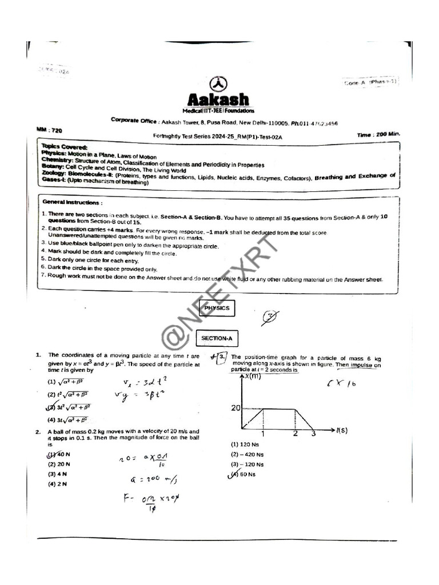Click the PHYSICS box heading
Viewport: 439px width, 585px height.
(216, 308)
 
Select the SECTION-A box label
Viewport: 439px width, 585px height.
(217, 339)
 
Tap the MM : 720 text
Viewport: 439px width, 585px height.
(52, 130)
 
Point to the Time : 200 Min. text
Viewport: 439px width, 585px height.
(378, 135)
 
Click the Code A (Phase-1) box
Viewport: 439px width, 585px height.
(370, 82)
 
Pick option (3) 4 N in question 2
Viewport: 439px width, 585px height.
(57, 474)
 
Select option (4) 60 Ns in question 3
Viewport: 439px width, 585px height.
(244, 474)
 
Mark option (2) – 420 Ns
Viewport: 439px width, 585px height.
(248, 455)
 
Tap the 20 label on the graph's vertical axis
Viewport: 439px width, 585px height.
(236, 408)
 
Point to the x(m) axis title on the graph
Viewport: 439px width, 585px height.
(253, 376)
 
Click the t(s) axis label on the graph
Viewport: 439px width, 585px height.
(342, 430)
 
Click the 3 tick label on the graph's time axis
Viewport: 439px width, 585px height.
(313, 434)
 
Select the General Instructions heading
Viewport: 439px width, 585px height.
(73, 202)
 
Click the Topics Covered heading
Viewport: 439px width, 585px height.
(64, 147)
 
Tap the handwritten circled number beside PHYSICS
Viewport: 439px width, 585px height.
(270, 317)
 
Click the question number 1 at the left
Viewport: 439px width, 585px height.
(38, 355)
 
